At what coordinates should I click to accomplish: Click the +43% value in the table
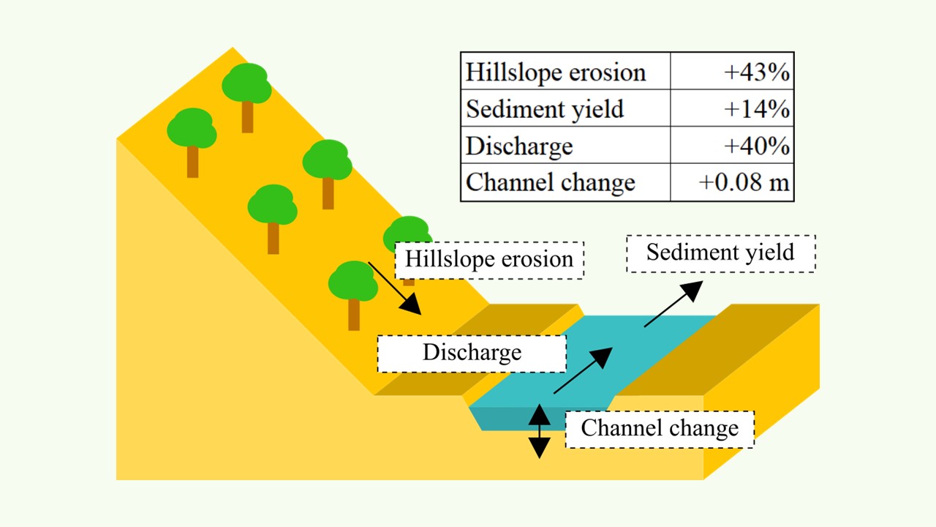756,72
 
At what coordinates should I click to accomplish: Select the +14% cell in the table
756,109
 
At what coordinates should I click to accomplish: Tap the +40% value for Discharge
756,146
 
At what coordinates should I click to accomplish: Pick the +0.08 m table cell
744,182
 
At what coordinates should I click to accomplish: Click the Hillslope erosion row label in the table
556,72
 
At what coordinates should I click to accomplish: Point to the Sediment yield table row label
545,109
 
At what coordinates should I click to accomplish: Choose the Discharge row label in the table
519,146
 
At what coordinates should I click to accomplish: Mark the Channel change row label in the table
550,182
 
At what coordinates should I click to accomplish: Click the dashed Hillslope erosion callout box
489,260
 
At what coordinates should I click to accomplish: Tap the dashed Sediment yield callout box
720,253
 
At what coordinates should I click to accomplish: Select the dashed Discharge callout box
472,353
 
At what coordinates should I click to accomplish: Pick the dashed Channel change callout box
660,428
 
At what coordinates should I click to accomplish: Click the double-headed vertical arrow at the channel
540,431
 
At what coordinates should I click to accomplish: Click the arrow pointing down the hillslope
395,288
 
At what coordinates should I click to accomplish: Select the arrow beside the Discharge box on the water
583,371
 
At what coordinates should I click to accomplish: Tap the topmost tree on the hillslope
247,91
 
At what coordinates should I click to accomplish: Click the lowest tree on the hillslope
353,289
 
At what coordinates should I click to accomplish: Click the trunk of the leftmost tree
192,162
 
